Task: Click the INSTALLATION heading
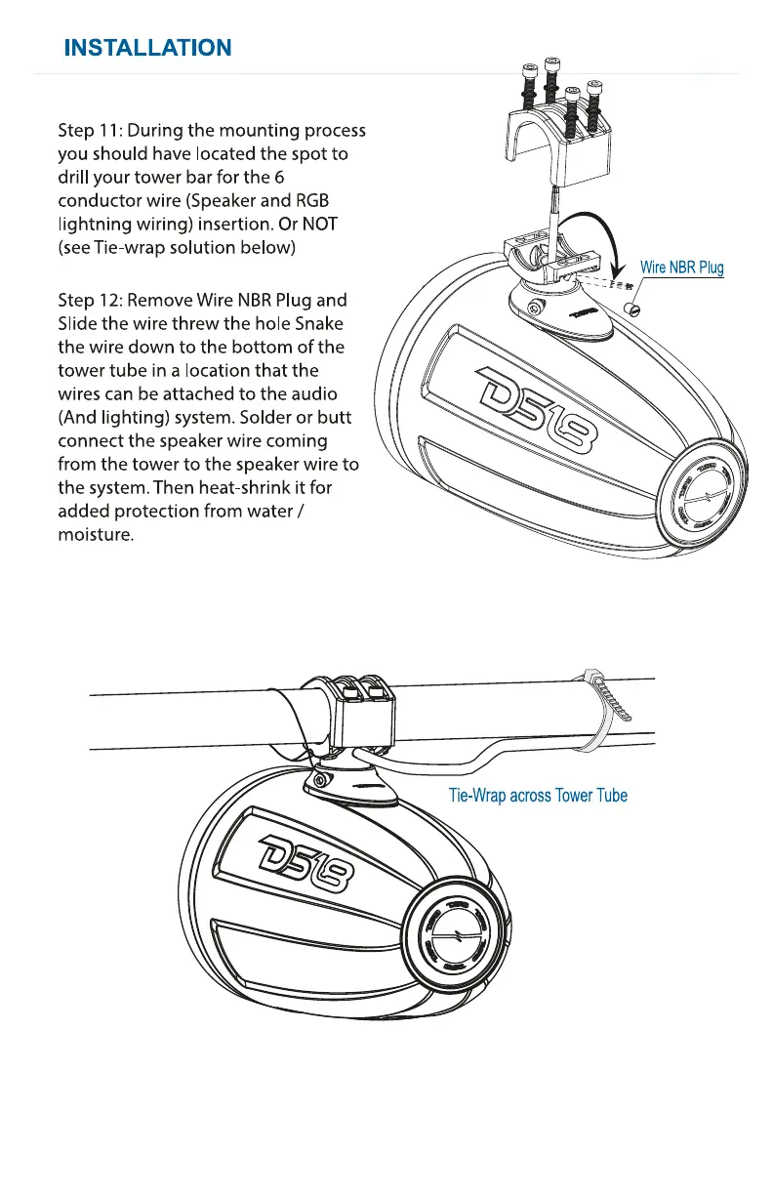pos(147,47)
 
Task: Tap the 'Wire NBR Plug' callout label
pos(681,268)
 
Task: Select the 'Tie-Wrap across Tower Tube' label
pos(538,795)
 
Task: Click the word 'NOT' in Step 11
pos(317,225)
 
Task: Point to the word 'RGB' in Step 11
pos(311,201)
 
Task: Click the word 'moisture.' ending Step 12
pos(95,536)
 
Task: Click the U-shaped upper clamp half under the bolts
pos(560,146)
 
